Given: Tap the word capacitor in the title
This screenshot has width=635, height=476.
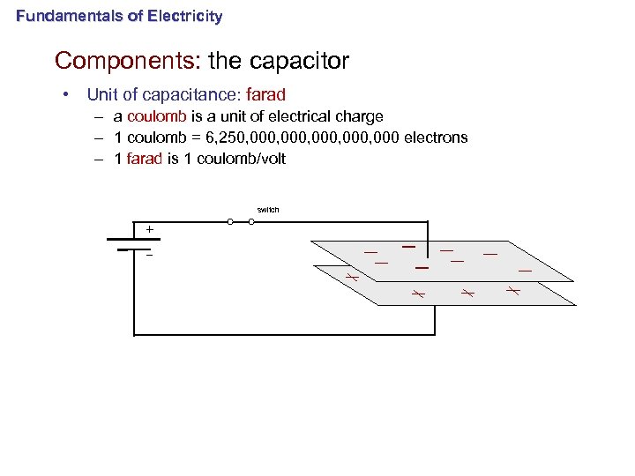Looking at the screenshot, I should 299,61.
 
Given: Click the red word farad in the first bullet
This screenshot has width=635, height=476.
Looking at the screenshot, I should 266,94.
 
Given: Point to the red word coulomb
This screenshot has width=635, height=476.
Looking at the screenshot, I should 154,116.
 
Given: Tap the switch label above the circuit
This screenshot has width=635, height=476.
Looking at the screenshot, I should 268,210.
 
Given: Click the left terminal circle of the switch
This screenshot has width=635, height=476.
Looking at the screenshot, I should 230,222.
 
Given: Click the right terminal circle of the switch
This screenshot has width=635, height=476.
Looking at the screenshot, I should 252,222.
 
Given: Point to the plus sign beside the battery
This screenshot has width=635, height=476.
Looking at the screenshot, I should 149,230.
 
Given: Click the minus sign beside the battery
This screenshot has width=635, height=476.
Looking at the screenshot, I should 149,256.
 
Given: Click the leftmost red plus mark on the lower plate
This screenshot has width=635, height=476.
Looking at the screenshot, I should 350,278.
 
